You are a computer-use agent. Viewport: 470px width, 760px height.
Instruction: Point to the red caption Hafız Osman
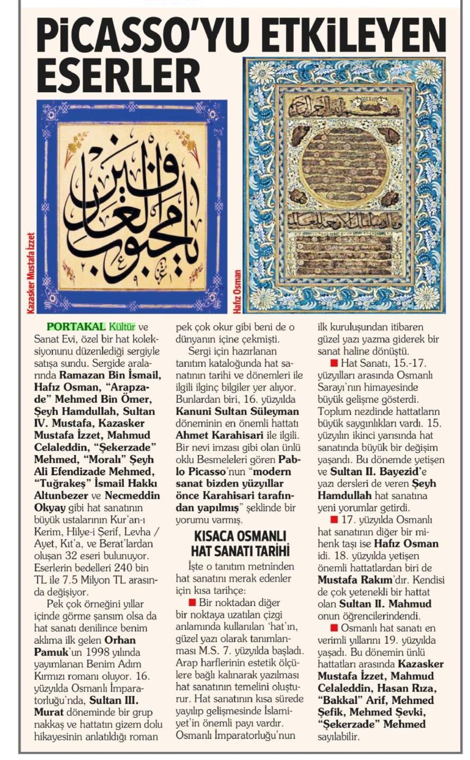coord(237,291)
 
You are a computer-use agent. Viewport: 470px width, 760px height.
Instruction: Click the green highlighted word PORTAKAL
coord(76,327)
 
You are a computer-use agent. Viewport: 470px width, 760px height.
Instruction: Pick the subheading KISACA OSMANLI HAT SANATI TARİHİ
coord(240,543)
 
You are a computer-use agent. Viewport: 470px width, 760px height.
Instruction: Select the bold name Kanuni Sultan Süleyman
coord(237,411)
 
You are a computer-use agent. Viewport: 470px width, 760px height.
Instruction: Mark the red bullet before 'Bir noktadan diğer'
coord(192,603)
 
